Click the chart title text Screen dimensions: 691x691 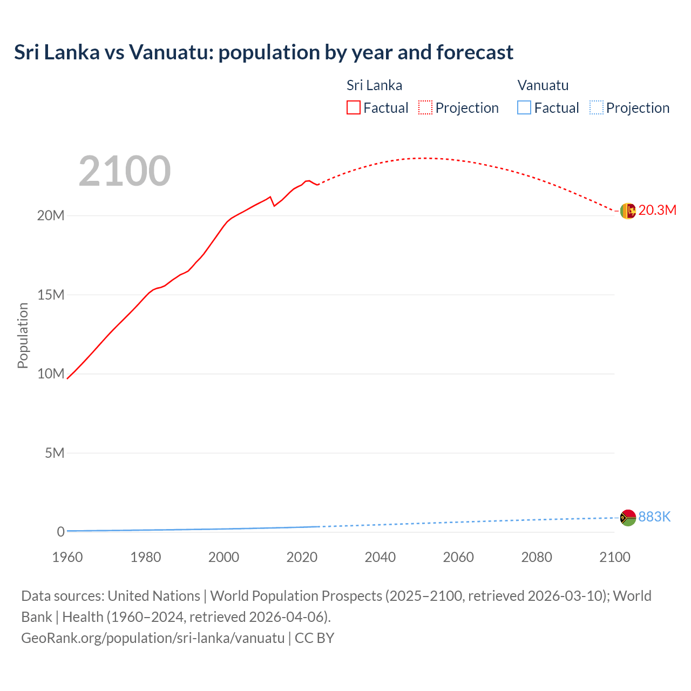[x=263, y=52]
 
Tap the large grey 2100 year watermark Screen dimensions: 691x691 [x=125, y=171]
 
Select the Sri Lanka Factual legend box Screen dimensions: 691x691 [x=353, y=107]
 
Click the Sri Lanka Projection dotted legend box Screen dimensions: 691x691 [x=425, y=107]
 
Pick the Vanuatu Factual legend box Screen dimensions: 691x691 [x=524, y=107]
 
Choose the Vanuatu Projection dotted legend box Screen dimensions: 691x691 [x=596, y=107]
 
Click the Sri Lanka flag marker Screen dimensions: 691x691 [x=628, y=211]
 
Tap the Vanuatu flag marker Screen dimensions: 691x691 [x=628, y=518]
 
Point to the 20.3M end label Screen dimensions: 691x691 [x=657, y=211]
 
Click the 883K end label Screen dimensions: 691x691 [x=654, y=517]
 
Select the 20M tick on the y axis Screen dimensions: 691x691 [x=51, y=216]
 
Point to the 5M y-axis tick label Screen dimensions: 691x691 [x=55, y=453]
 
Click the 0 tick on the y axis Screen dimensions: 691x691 [x=60, y=532]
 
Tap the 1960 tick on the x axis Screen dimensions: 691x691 [x=67, y=557]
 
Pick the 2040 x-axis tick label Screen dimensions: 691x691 [x=380, y=557]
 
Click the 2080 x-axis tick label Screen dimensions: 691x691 [x=537, y=557]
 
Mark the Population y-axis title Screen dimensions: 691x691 [x=23, y=335]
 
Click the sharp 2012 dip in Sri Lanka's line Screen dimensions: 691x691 [x=274, y=206]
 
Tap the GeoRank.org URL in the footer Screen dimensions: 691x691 [x=153, y=638]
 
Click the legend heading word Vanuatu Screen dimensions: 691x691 [x=543, y=85]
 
